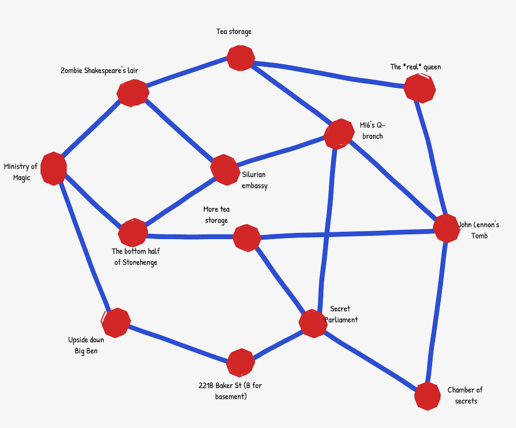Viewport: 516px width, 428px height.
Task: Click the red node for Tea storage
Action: point(240,58)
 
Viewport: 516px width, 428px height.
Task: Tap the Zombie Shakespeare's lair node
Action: point(133,93)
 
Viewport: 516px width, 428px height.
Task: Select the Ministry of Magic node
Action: point(54,168)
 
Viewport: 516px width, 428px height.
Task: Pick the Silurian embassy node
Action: point(224,169)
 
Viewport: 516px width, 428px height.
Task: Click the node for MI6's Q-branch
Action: point(338,134)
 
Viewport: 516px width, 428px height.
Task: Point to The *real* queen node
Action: point(419,88)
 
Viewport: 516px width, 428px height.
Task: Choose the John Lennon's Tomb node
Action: point(446,228)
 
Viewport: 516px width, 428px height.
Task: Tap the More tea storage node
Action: point(246,238)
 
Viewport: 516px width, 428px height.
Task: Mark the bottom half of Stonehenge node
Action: point(133,233)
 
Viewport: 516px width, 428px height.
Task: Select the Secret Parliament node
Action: point(313,323)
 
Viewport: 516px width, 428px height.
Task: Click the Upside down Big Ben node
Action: point(116,323)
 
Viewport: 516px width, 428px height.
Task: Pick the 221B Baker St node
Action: point(240,363)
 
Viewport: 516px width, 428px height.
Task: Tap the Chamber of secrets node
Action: point(428,396)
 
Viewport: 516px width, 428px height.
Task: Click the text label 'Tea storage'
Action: point(234,32)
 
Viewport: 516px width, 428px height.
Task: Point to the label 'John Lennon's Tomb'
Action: point(479,231)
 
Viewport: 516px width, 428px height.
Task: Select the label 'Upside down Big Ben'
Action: point(86,345)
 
